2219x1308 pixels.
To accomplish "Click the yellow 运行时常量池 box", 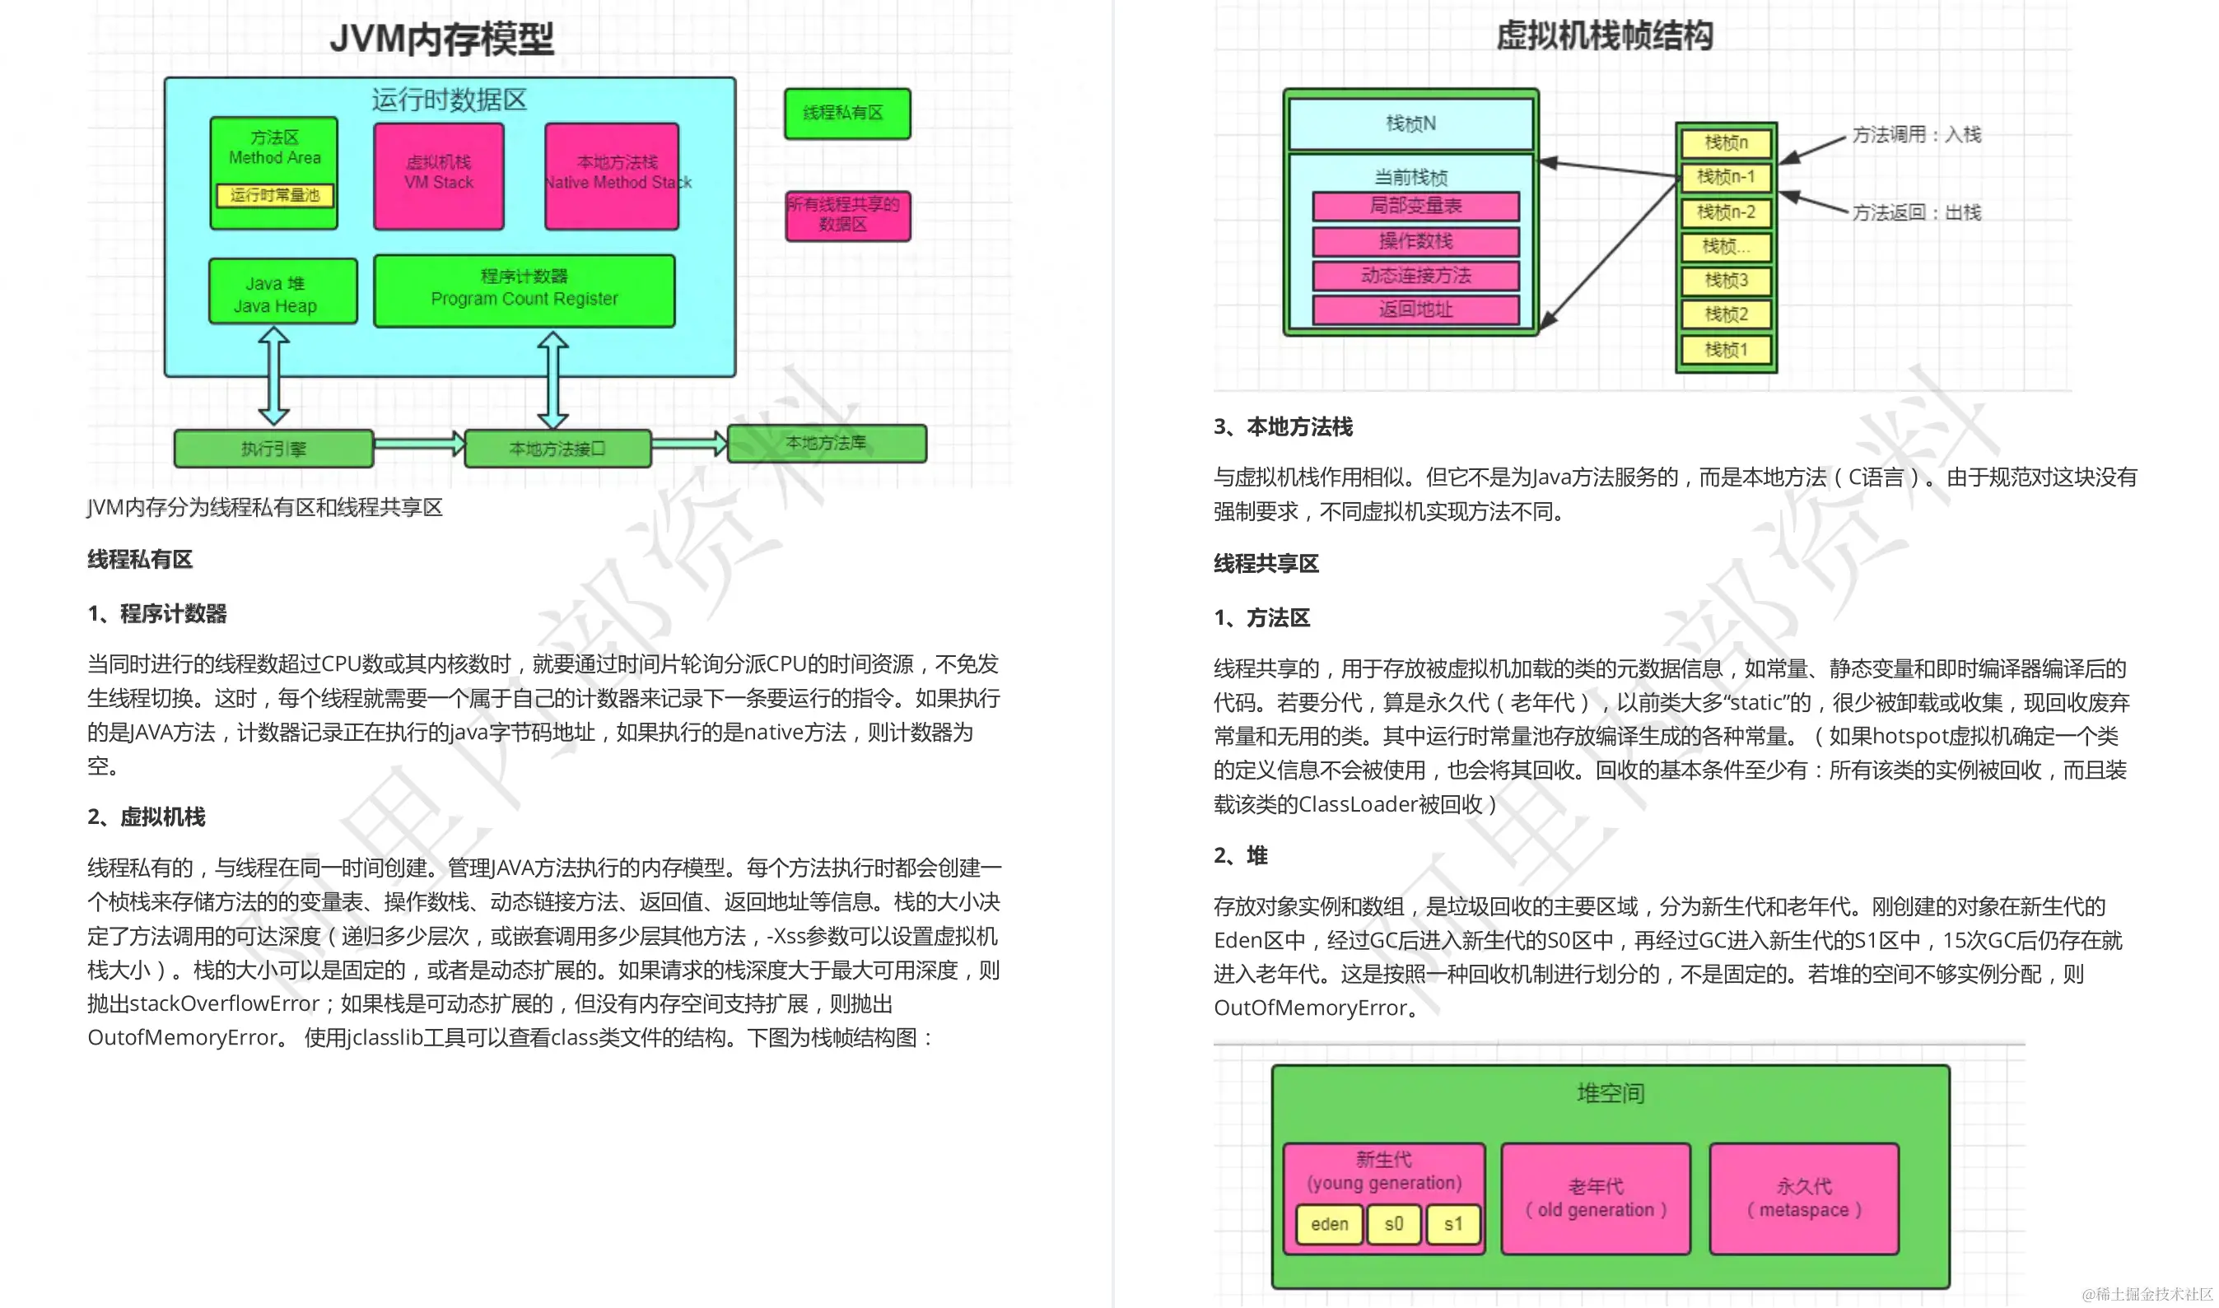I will pos(274,195).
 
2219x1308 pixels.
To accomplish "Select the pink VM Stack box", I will pos(438,176).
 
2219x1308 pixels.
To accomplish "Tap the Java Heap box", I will pos(283,291).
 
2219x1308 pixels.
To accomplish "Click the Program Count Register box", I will pos(524,291).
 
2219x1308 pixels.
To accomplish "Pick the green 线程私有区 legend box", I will pos(846,113).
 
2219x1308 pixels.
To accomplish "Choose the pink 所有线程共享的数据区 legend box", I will pos(847,215).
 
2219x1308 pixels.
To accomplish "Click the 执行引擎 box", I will pos(273,449).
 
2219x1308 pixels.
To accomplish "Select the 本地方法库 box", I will pos(826,444).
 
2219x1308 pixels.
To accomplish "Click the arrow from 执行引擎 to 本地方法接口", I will pos(418,444).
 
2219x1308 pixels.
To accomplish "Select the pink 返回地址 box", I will pos(1415,310).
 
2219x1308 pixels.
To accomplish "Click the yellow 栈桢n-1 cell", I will pos(1725,177).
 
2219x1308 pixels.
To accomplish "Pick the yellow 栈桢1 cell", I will pos(1725,350).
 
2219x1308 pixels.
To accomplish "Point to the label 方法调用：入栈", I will pos(1916,135).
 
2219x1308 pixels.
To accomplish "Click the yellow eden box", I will pos(1329,1224).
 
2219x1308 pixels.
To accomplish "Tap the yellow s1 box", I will pos(1453,1224).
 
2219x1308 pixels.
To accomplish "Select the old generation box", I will pos(1595,1199).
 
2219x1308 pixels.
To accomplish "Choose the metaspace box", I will pos(1804,1199).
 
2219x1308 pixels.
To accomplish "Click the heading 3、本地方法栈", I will pos(1283,427).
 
